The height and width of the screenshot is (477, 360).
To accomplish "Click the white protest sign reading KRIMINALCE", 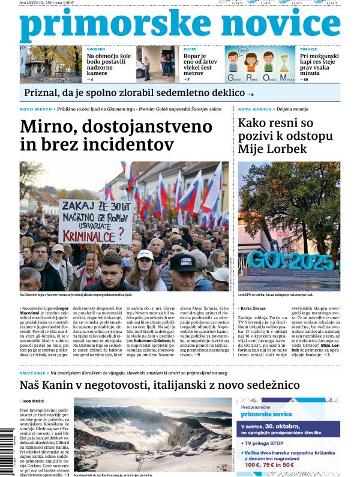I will coord(96,222).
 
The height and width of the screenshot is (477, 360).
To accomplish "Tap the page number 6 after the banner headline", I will coord(252,95).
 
